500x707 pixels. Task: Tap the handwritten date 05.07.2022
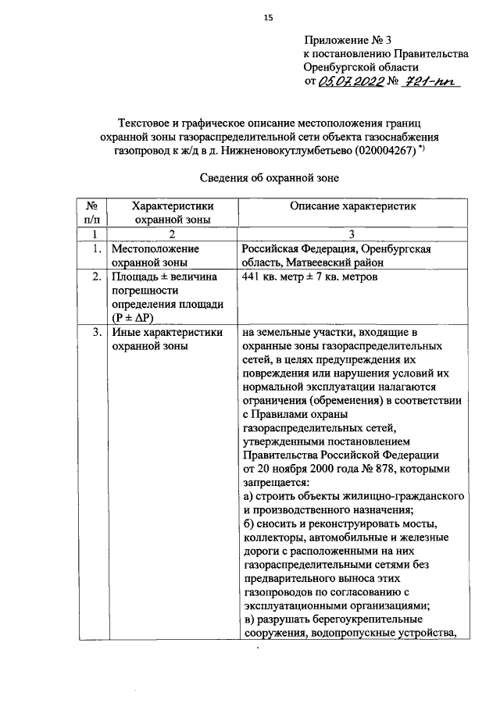[x=352, y=82]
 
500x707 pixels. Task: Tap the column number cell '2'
[x=172, y=234]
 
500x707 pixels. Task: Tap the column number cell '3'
[x=352, y=234]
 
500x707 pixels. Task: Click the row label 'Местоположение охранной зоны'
[x=156, y=255]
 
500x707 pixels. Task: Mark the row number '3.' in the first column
[x=95, y=333]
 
